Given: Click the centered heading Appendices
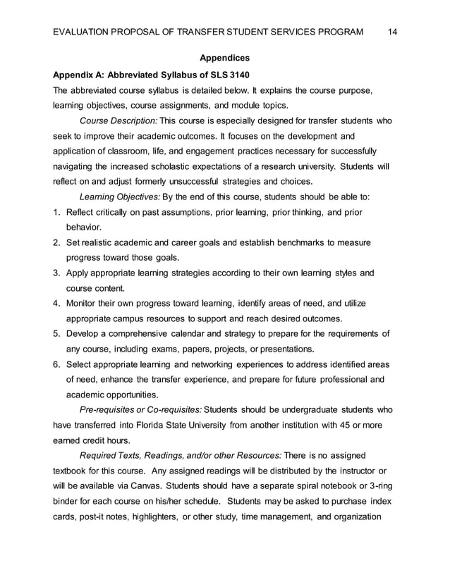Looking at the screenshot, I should (224, 58).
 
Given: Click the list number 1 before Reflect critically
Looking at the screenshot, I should (56, 212).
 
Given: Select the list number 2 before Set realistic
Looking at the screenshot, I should (56, 242).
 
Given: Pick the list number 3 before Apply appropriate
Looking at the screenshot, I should (56, 273).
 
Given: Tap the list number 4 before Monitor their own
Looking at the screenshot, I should (56, 303).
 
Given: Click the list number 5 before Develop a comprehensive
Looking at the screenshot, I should (56, 333).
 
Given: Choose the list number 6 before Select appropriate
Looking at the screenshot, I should (56, 364).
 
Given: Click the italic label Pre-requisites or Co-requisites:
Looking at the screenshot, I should (140, 409).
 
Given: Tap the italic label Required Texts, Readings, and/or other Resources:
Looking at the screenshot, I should (181, 455).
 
